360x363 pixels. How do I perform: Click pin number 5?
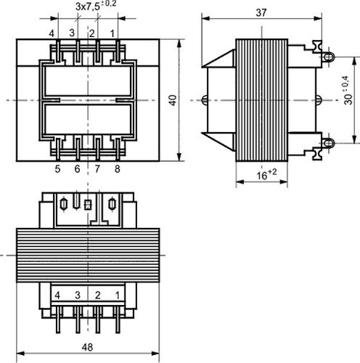(57, 169)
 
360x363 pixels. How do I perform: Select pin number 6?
(77, 169)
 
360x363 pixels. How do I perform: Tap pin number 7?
(98, 169)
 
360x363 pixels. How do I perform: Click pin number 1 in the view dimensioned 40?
(112, 33)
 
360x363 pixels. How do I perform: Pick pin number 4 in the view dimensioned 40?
(52, 33)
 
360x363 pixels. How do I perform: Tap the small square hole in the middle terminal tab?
(88, 205)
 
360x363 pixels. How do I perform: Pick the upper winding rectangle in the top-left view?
(88, 81)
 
